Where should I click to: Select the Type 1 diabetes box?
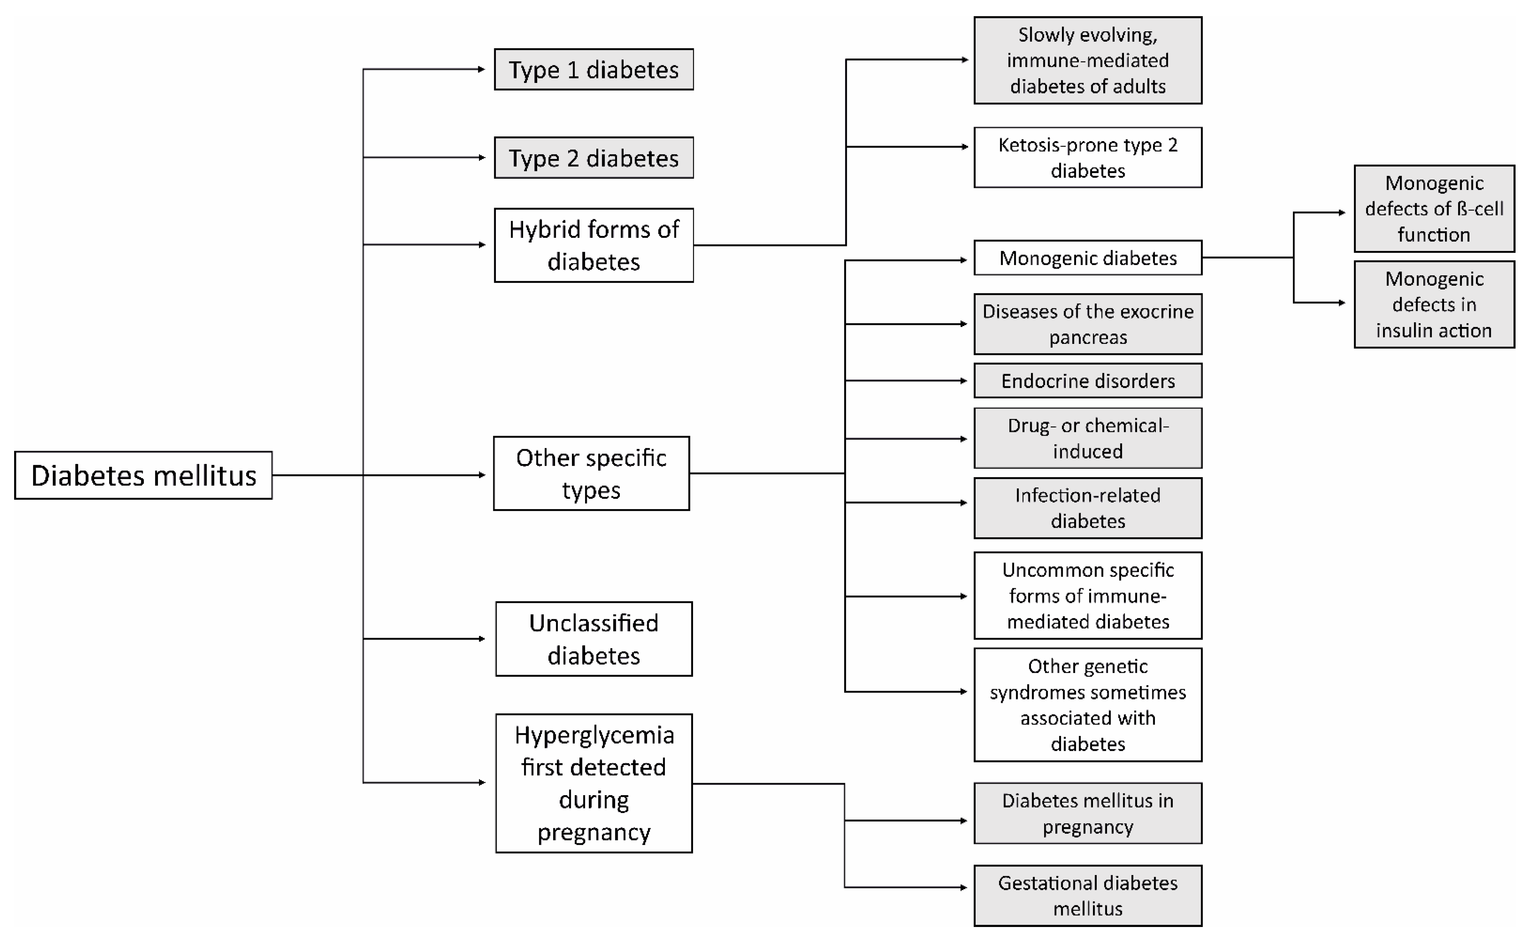[594, 70]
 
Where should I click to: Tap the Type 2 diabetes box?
[594, 158]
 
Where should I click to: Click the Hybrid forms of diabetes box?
[594, 245]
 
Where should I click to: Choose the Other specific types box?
[591, 473]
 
